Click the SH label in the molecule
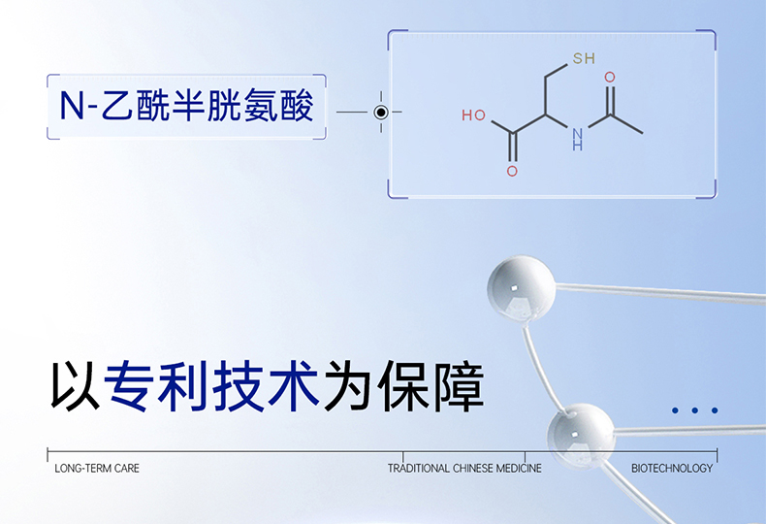pos(583,59)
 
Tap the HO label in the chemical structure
pos(473,115)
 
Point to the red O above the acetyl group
pos(610,77)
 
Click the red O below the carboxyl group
pos(512,172)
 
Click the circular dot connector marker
pos(381,113)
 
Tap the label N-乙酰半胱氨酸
pos(186,107)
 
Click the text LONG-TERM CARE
pos(97,469)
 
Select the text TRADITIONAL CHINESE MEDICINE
pos(464,469)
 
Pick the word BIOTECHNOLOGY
pos(672,469)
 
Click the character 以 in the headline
pos(75,386)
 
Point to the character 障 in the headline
pos(457,386)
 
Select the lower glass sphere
pos(581,434)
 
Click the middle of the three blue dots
pos(695,410)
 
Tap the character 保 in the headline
pos(402,386)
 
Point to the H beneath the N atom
pos(578,147)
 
